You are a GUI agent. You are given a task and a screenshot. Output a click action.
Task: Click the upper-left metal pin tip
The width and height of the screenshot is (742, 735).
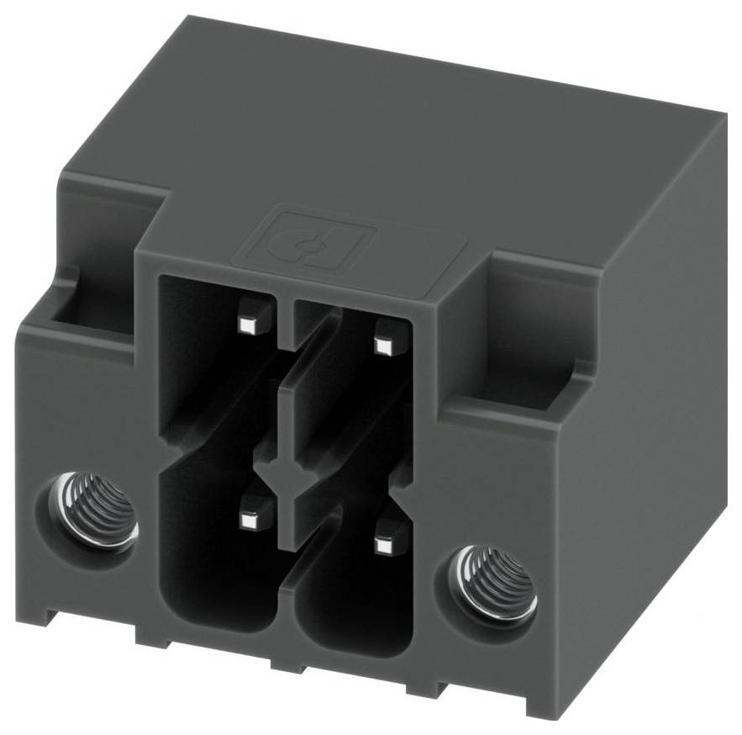(x=249, y=324)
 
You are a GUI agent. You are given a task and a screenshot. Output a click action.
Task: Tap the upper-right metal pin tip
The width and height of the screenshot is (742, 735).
(x=385, y=345)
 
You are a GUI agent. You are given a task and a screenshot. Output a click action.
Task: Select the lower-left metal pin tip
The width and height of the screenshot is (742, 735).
(x=249, y=522)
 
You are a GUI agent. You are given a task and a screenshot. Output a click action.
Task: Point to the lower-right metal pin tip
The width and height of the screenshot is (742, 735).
(x=385, y=546)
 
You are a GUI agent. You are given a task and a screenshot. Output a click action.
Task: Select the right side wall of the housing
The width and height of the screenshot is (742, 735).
(x=647, y=378)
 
